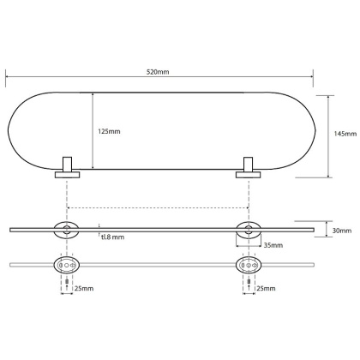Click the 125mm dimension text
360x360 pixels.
pyautogui.click(x=109, y=131)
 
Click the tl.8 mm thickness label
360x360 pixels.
pyautogui.click(x=112, y=237)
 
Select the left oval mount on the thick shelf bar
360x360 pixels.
pyautogui.click(x=65, y=229)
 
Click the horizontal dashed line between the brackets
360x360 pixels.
pyautogui.click(x=158, y=207)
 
